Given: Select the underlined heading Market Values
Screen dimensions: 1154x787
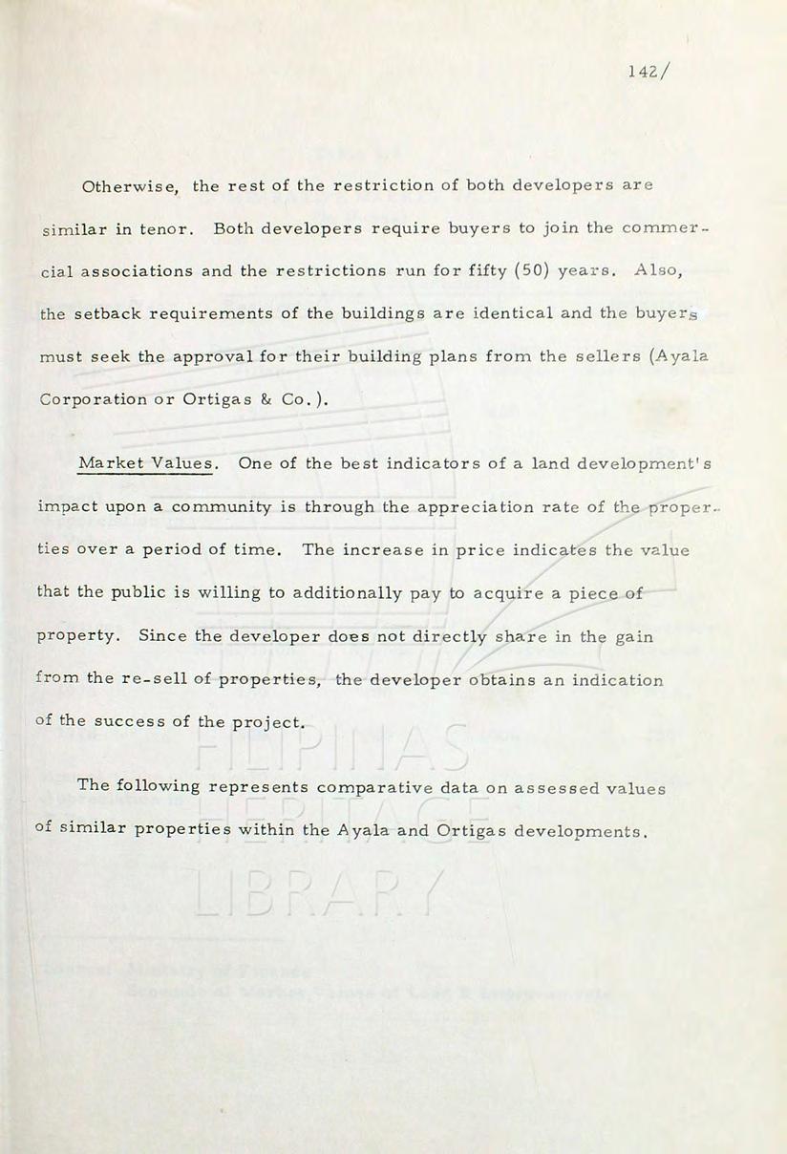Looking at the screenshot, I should (x=146, y=463).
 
